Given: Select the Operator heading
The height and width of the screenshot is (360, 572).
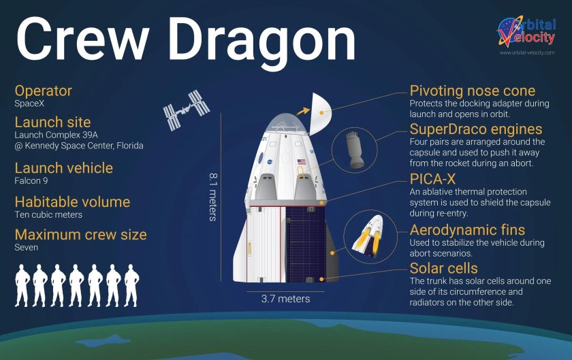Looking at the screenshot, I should coord(43,91).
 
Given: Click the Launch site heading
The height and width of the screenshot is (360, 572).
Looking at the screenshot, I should coord(52,122).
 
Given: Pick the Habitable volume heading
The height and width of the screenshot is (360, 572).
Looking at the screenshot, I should coord(72,201).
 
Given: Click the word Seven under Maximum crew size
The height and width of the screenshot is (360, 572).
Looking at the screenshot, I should coord(27,248).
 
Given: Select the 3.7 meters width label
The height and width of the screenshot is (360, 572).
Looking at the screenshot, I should coord(285,299).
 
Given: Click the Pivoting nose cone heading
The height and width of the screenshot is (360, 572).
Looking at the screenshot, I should coord(472,91).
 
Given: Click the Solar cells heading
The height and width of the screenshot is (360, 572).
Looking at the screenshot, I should coord(443,268).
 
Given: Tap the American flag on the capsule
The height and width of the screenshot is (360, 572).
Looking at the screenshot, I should coord(301,162).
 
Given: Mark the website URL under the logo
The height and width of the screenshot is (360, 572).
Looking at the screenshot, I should coord(526,52).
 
